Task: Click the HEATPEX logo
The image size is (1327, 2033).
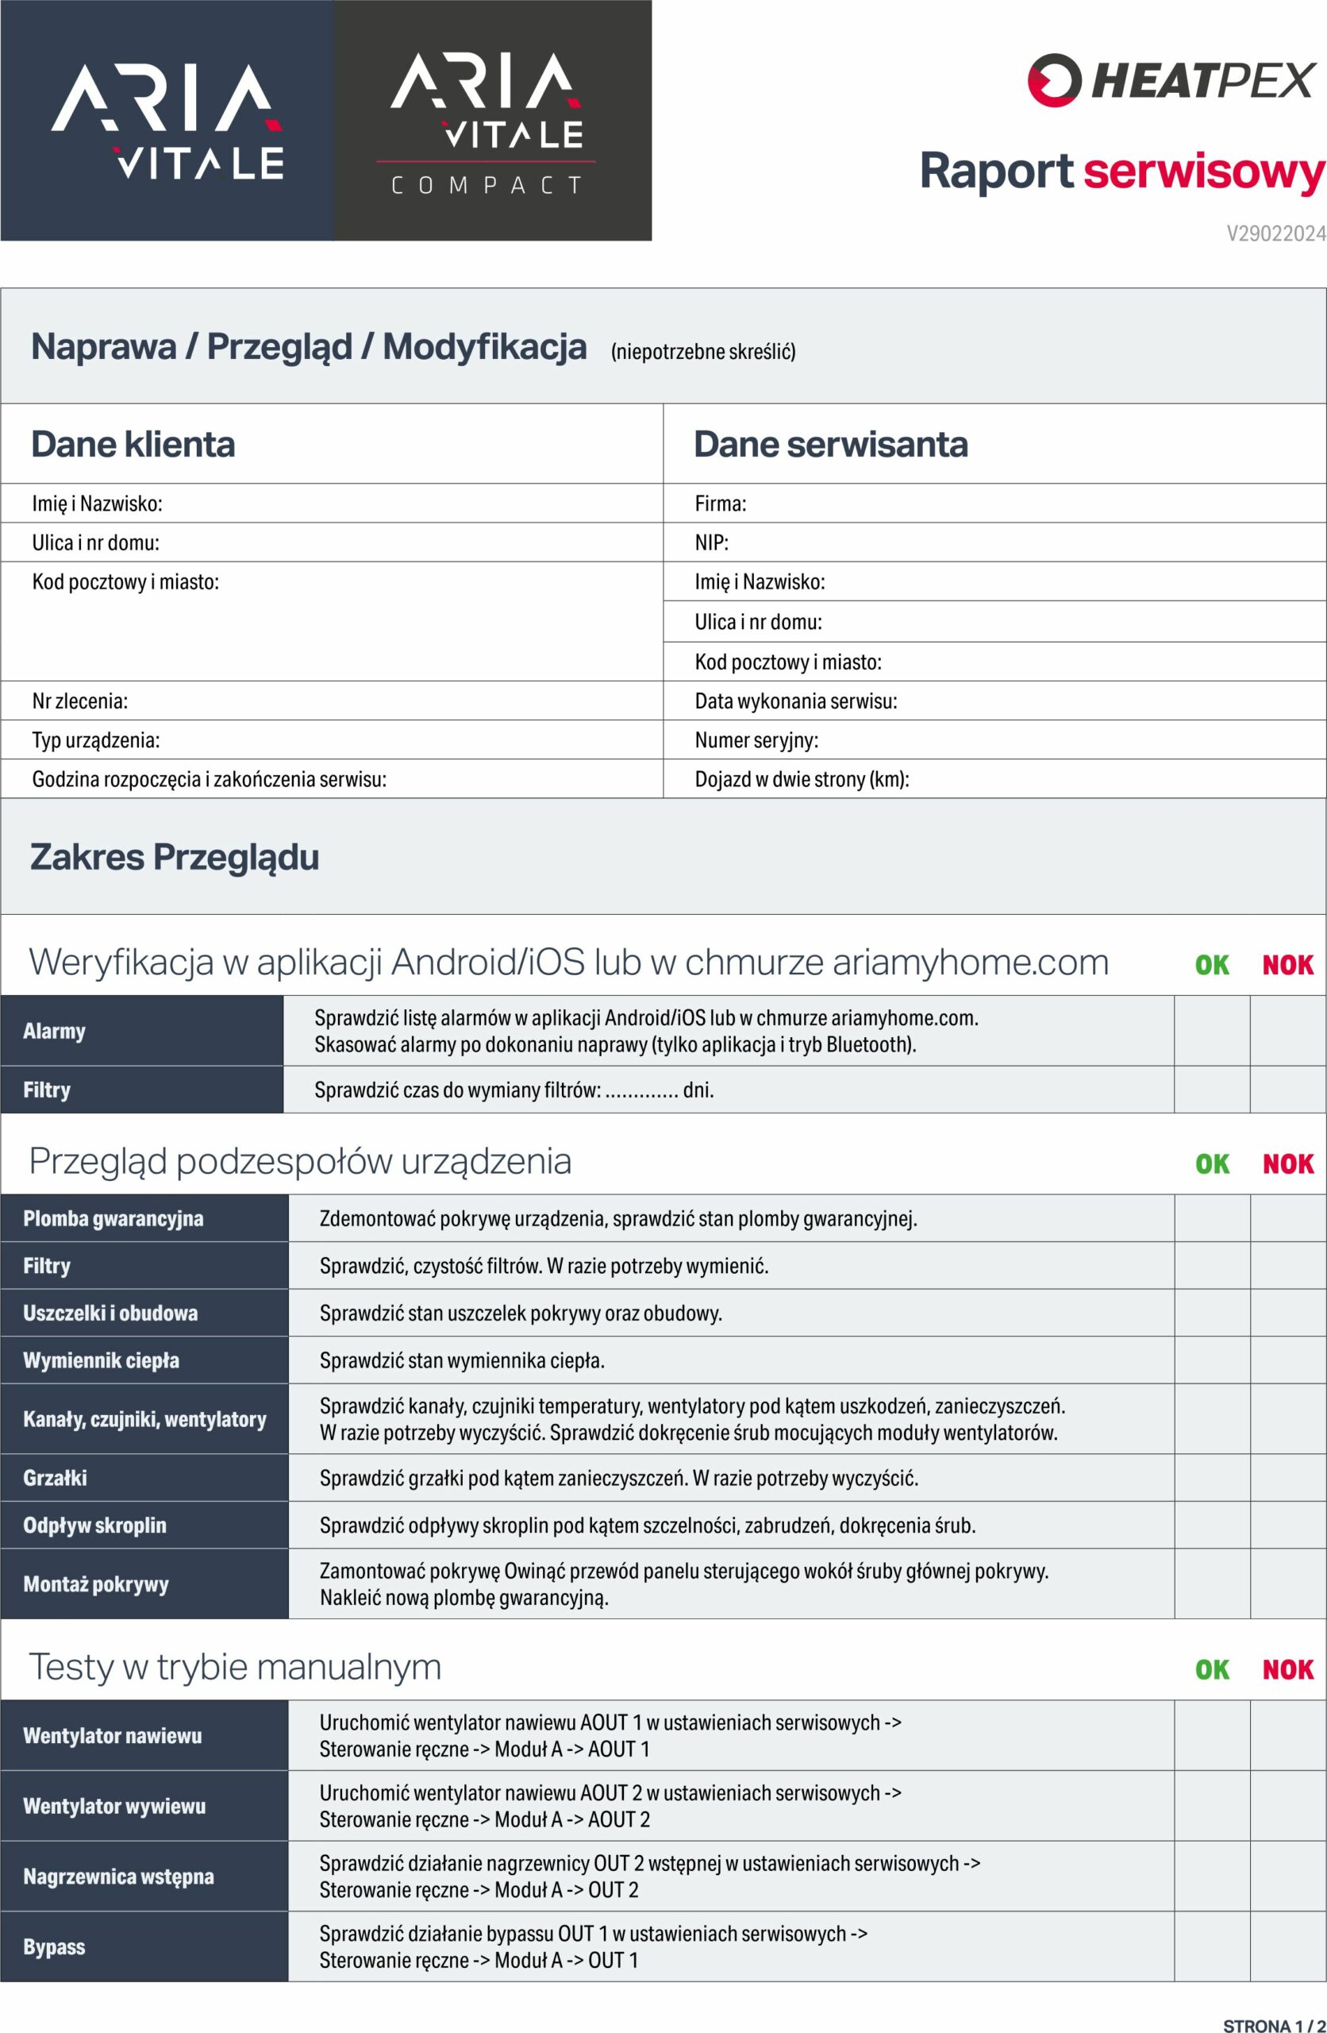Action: pyautogui.click(x=1171, y=81)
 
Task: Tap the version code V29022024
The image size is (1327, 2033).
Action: pyautogui.click(x=1275, y=234)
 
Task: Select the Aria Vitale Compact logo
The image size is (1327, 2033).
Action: pyautogui.click(x=493, y=122)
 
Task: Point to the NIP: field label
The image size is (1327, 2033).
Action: pyautogui.click(x=711, y=542)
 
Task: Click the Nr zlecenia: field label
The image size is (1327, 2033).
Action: pyautogui.click(x=80, y=701)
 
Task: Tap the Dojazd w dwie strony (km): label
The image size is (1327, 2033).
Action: pyautogui.click(x=802, y=780)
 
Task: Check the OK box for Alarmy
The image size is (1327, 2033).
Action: pyautogui.click(x=1212, y=1031)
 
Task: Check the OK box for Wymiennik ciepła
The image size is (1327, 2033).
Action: pyautogui.click(x=1212, y=1360)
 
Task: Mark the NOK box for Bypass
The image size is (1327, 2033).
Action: pyautogui.click(x=1288, y=1947)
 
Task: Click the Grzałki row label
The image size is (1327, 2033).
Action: pyautogui.click(x=56, y=1479)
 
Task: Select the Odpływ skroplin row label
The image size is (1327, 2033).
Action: pyautogui.click(x=94, y=1526)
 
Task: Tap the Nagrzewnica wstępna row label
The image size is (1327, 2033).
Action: pyautogui.click(x=119, y=1877)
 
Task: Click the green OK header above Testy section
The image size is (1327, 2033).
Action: pyautogui.click(x=1212, y=1670)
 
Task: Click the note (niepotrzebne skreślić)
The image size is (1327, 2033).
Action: pyautogui.click(x=702, y=352)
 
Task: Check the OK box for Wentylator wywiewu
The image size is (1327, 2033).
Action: pyautogui.click(x=1212, y=1807)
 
